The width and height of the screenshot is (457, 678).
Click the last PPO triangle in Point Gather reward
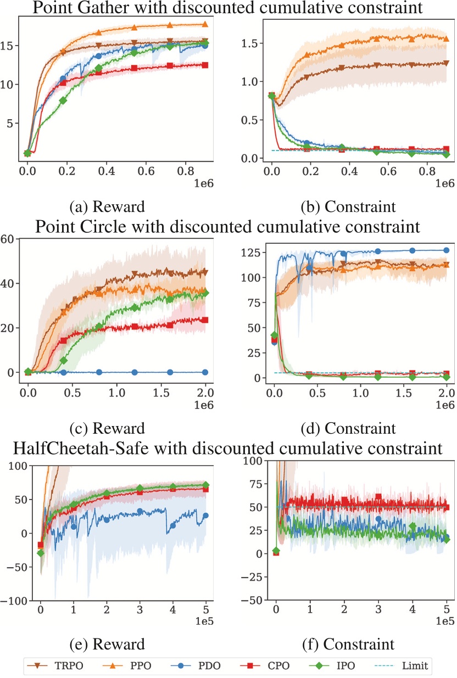tap(205, 24)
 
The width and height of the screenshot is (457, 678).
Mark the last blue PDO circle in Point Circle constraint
tap(446, 250)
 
